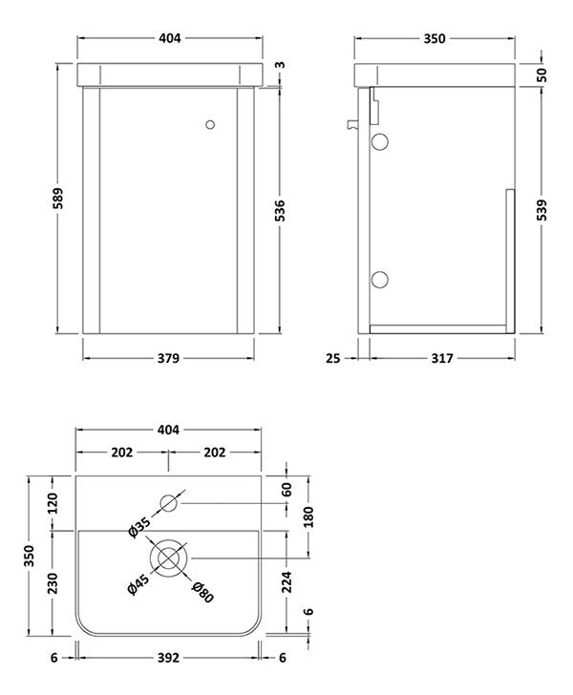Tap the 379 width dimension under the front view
(169, 358)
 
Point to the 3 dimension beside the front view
(279, 66)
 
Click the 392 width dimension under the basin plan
(169, 658)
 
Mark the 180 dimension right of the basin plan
(309, 516)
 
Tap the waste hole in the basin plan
(170, 558)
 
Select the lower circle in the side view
(379, 279)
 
